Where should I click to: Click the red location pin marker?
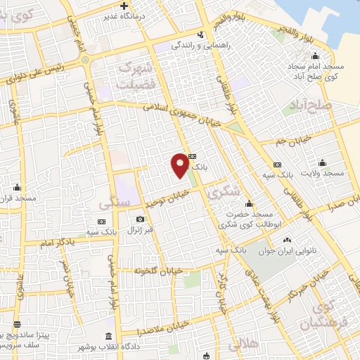tap(180, 165)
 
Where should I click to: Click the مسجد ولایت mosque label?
tap(322, 173)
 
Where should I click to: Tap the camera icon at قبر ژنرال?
tap(141, 219)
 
